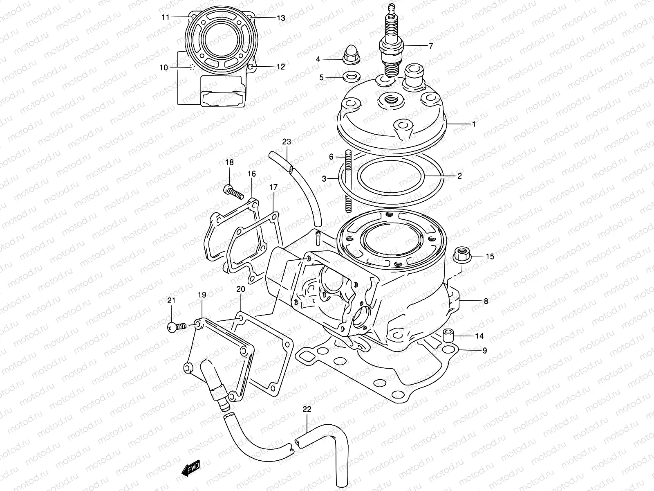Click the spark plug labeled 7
[392, 45]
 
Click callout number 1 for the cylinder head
[474, 124]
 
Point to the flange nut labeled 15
[461, 257]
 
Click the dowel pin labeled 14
[448, 336]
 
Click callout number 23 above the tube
[287, 142]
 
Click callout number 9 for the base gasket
[485, 351]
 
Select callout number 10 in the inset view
[163, 68]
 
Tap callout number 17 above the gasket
[273, 187]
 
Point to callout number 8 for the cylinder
[486, 302]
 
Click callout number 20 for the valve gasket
[240, 289]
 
